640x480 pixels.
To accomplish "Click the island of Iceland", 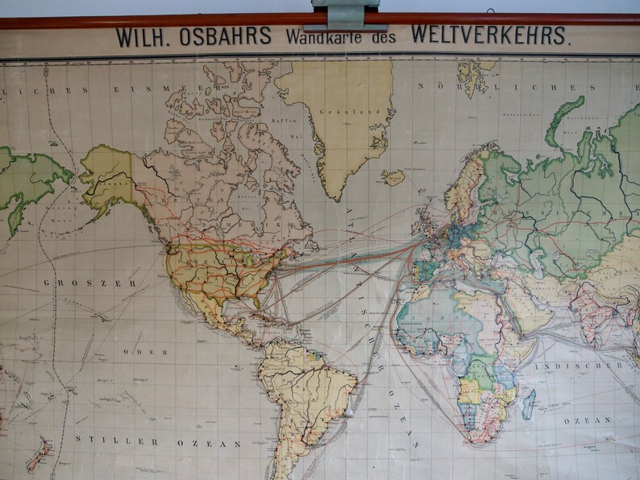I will pos(393,177).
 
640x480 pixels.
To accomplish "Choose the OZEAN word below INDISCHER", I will pos(582,420).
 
